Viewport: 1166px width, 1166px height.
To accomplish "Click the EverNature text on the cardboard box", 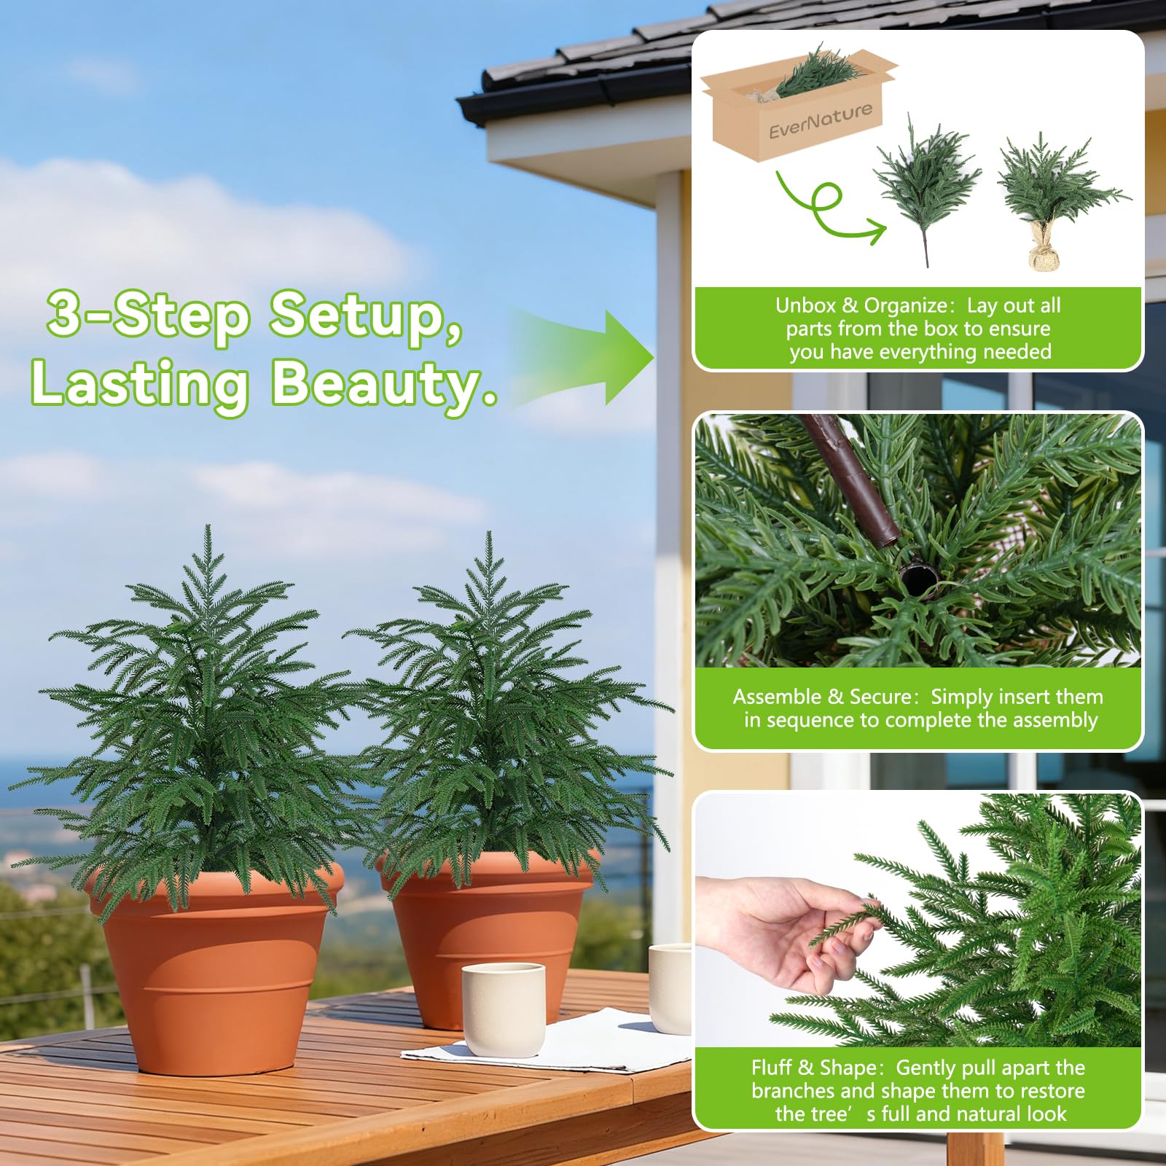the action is click(821, 120).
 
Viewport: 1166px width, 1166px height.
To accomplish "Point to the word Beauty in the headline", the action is click(385, 384).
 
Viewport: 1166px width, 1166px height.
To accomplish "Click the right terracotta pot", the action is click(487, 940).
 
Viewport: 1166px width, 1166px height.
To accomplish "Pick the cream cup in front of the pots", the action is click(504, 1009).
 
